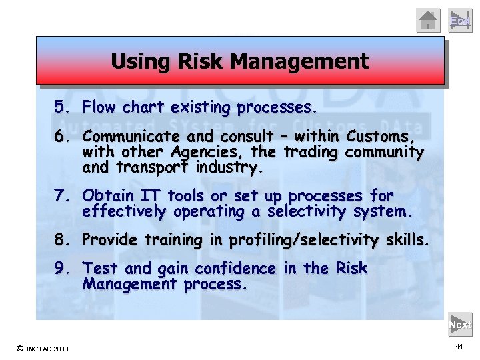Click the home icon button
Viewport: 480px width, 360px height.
click(x=429, y=20)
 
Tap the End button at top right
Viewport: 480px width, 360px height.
click(x=460, y=20)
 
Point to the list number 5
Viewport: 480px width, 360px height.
click(x=62, y=107)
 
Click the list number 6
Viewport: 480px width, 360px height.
click(x=62, y=137)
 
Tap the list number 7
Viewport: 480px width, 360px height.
click(x=62, y=196)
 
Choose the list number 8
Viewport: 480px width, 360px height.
click(x=62, y=239)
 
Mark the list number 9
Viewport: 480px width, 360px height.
click(x=62, y=269)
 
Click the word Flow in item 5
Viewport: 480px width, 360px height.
click(x=99, y=107)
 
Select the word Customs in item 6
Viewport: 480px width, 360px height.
click(x=385, y=137)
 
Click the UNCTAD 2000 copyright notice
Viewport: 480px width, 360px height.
click(x=41, y=349)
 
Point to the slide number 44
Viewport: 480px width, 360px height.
click(x=459, y=347)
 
